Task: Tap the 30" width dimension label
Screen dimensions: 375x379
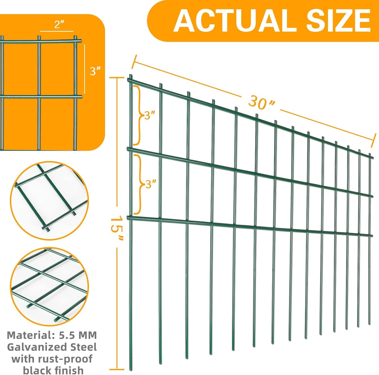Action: pyautogui.click(x=261, y=102)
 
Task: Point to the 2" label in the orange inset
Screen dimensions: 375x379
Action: pyautogui.click(x=59, y=25)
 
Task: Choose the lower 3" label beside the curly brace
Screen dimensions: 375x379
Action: pyautogui.click(x=151, y=184)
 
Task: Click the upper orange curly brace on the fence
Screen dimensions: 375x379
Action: pyautogui.click(x=137, y=115)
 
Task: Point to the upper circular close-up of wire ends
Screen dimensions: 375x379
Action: pyautogui.click(x=49, y=201)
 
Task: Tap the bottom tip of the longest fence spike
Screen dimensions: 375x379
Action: pyautogui.click(x=130, y=370)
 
